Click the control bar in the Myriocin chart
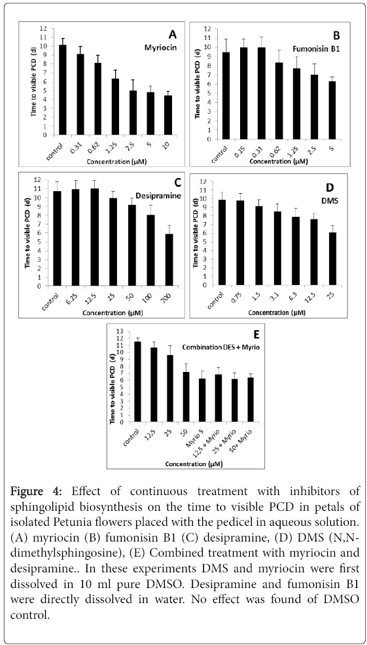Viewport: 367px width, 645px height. (x=63, y=90)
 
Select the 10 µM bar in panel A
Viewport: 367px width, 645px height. (x=167, y=115)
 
